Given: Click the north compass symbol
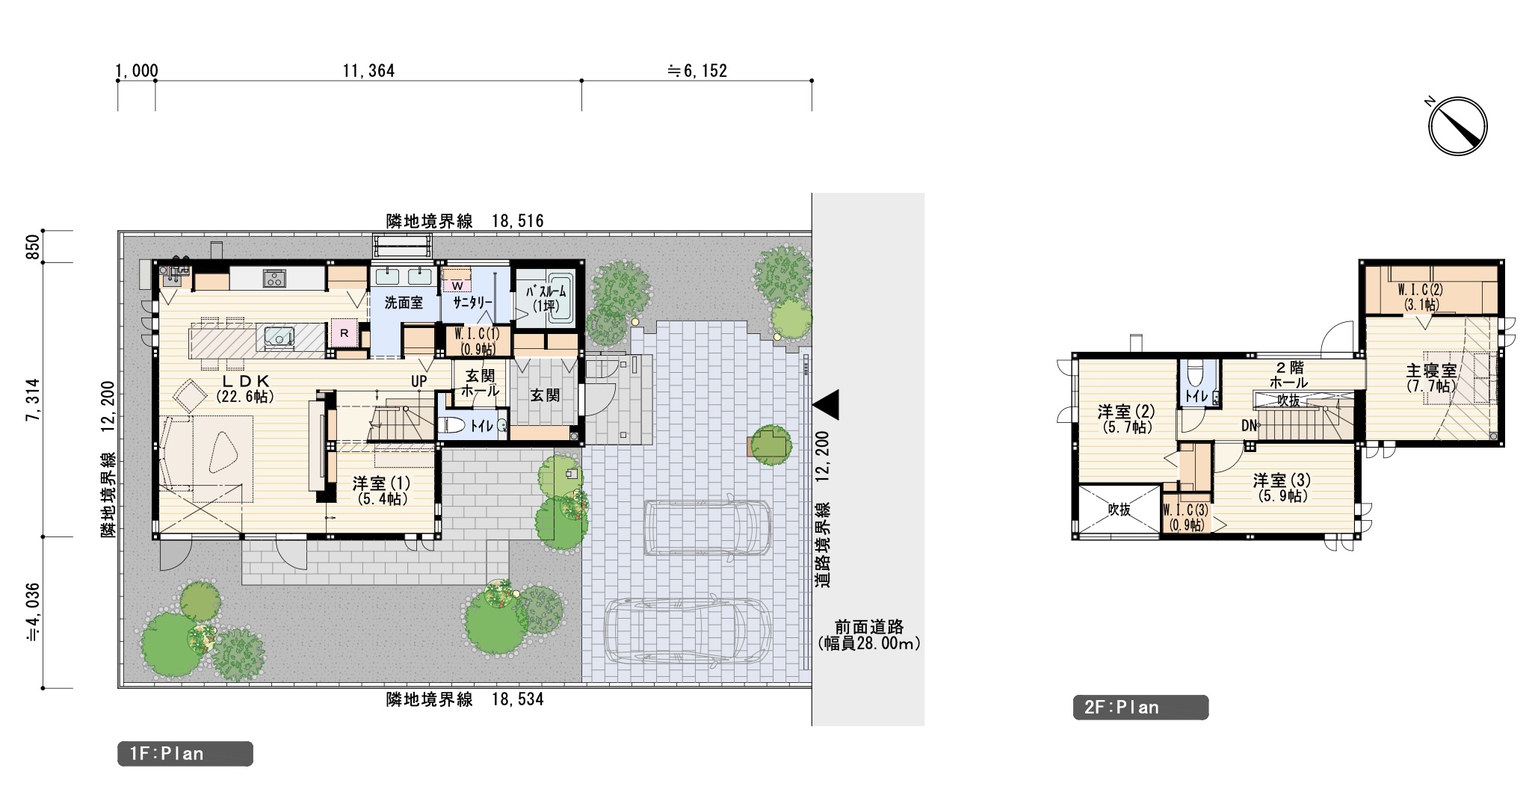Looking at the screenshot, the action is [x=1457, y=126].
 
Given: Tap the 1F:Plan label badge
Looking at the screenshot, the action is [x=185, y=754].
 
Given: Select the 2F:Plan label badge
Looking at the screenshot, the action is [x=1140, y=708].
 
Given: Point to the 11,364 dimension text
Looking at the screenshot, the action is [x=369, y=71].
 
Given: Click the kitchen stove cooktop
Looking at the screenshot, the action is [x=274, y=279].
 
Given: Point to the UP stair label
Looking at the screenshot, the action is [x=419, y=381].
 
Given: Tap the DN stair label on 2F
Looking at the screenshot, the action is [x=1249, y=426].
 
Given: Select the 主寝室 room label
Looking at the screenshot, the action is [x=1431, y=371].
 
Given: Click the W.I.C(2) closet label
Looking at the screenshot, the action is [x=1420, y=289].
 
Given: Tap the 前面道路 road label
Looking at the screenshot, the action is [x=869, y=627].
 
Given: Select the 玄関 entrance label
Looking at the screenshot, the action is [x=545, y=395].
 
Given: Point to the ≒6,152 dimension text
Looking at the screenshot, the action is [x=697, y=71].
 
